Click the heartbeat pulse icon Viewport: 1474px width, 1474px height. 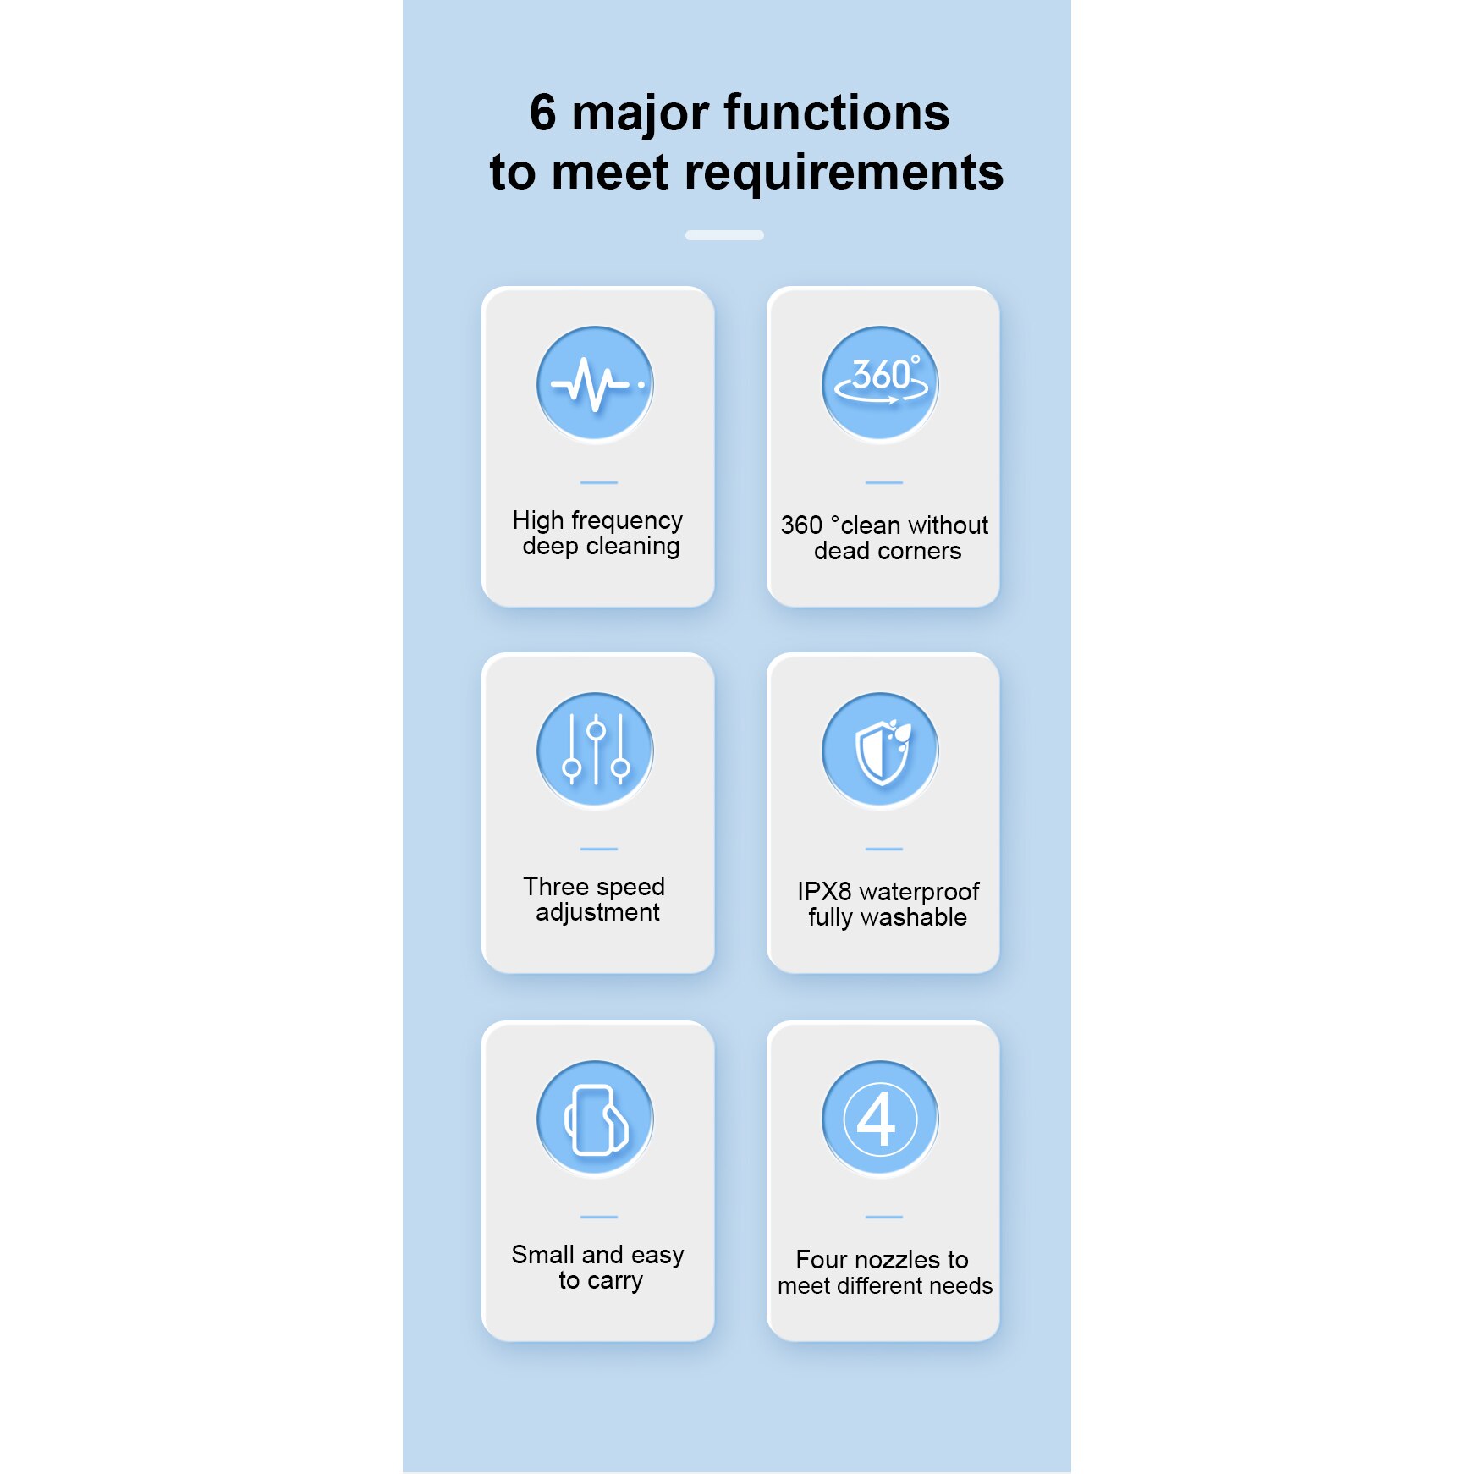596,384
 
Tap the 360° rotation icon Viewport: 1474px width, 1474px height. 881,384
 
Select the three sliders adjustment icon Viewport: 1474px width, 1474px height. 596,751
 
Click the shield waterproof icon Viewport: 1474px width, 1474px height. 881,751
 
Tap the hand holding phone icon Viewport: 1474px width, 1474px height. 596,1119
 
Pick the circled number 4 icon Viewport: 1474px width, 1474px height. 881,1119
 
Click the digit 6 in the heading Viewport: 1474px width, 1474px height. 542,113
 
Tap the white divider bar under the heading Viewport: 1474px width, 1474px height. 724,235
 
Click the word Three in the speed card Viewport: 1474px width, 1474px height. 554,887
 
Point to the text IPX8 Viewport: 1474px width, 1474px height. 823,892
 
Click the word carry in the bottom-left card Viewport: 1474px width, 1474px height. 615,1282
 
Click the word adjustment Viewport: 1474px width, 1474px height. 597,913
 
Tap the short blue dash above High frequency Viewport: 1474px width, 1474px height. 598,482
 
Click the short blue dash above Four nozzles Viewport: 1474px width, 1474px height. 883,1217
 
